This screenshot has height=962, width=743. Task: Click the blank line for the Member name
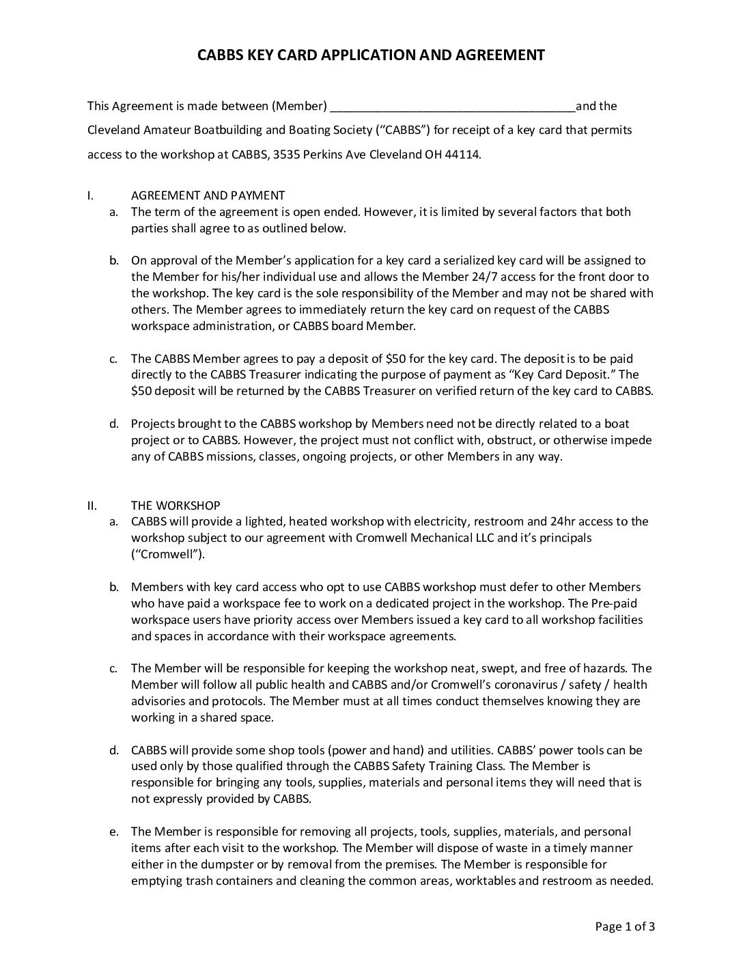(452, 107)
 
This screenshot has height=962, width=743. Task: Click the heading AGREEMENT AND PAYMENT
(208, 195)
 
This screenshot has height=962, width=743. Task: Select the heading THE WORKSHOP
(176, 506)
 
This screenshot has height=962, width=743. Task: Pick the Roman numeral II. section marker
(92, 506)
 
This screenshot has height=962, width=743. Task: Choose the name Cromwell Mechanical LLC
(425, 538)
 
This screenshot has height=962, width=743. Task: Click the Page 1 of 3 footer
(625, 926)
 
